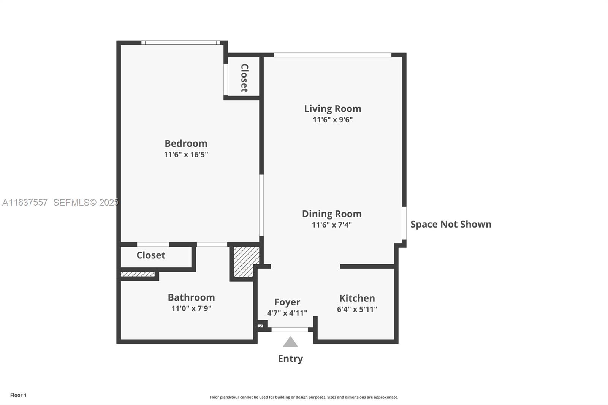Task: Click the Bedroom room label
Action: click(186, 143)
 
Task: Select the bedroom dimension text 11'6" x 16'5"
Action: click(186, 154)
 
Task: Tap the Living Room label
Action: click(332, 109)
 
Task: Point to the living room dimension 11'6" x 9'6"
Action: click(332, 120)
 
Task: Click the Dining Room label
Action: click(332, 214)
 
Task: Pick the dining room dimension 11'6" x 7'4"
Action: click(332, 225)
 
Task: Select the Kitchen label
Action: click(357, 298)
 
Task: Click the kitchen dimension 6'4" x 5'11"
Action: click(357, 309)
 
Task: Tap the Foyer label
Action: click(287, 302)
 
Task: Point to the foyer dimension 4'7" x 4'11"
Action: click(287, 313)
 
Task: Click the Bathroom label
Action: click(191, 297)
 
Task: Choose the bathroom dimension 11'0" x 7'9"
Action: click(191, 308)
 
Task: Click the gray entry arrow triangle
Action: click(290, 342)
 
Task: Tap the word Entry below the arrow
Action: click(290, 358)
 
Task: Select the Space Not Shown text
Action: click(451, 224)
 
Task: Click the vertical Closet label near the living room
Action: click(244, 78)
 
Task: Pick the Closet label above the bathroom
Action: click(151, 255)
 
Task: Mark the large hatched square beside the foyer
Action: click(246, 261)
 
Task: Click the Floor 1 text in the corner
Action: click(18, 395)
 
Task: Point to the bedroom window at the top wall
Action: click(181, 43)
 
